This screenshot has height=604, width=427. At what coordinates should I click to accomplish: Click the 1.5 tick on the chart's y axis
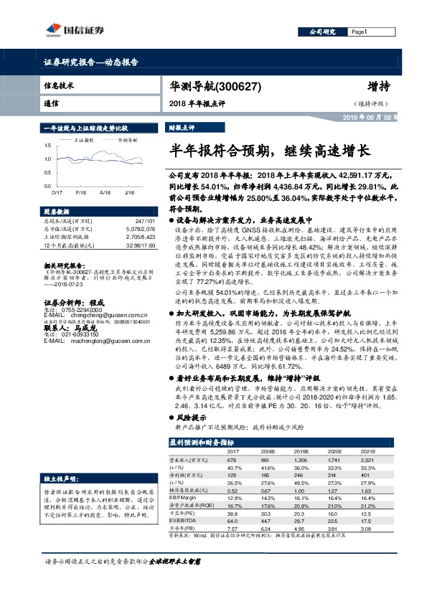tap(47, 146)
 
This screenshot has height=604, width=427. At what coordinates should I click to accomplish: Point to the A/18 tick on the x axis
tap(105, 192)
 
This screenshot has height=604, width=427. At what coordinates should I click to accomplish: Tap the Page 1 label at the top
tap(360, 32)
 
